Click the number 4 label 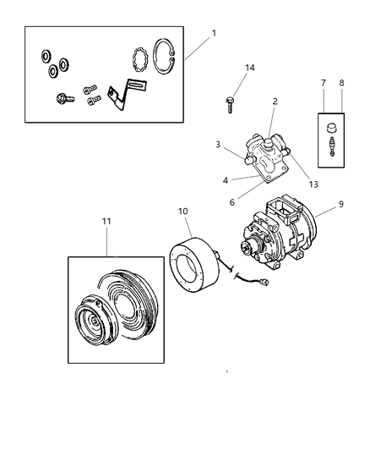226,180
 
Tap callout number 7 324,84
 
